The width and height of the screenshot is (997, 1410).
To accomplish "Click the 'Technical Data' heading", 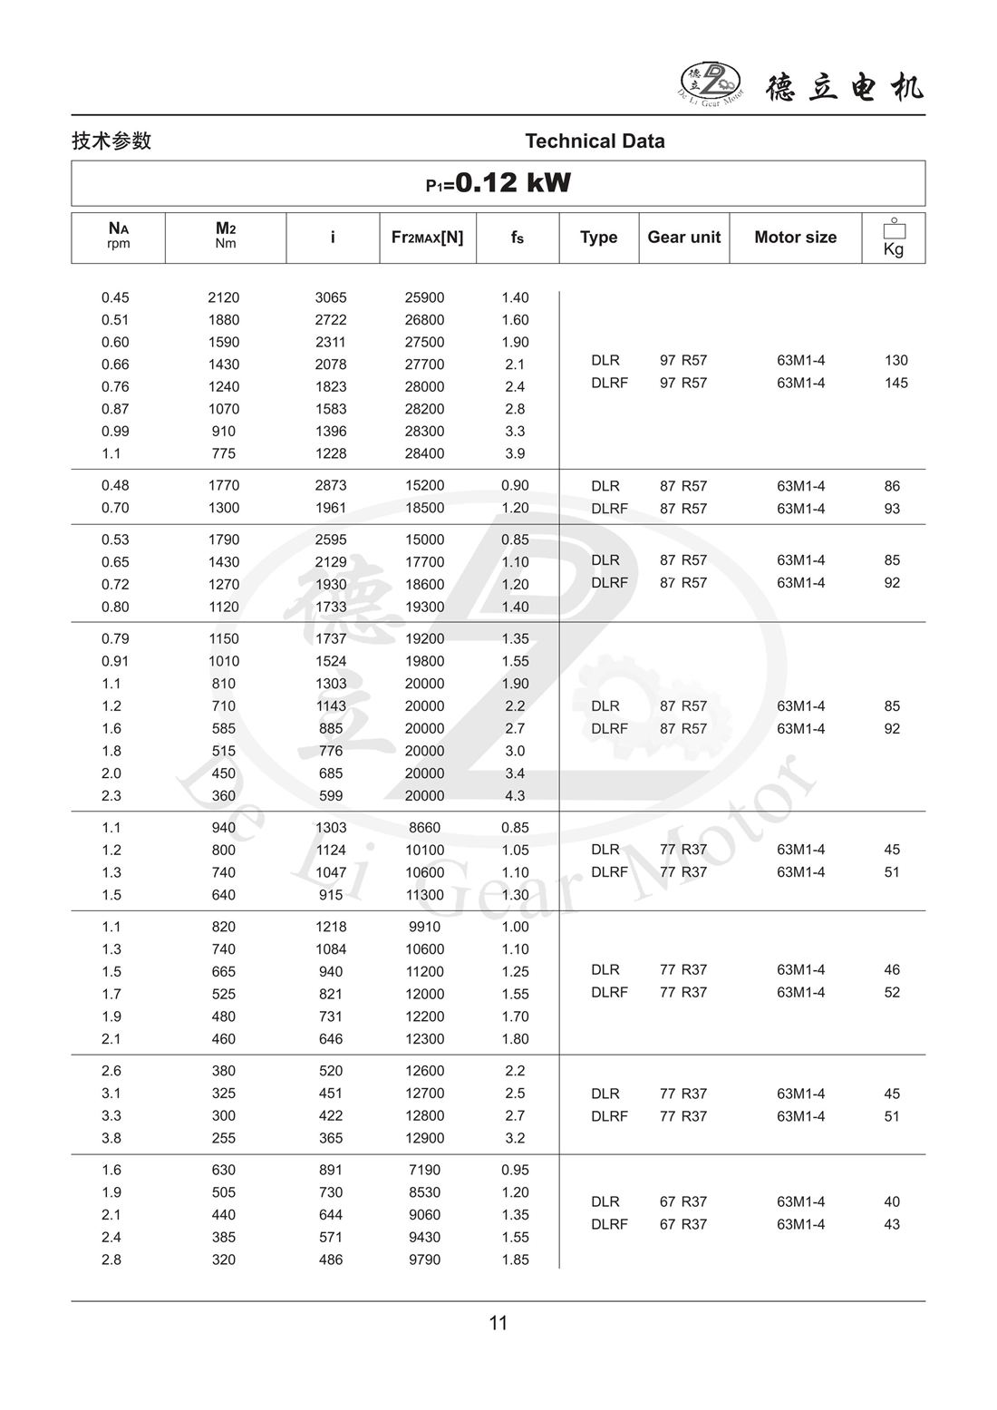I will tap(595, 141).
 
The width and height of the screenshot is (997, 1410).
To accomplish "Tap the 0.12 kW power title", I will tap(498, 183).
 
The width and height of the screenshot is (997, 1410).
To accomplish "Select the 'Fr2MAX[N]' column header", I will tap(427, 238).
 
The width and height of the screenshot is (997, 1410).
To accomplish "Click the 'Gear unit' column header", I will tap(683, 238).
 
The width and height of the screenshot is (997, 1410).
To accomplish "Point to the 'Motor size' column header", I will tap(795, 238).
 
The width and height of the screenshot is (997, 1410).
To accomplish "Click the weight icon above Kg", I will tap(894, 229).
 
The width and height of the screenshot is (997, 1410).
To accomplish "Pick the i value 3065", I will tap(331, 297).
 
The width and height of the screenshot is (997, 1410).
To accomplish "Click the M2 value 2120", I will tap(224, 297).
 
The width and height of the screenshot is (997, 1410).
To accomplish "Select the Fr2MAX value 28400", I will tap(424, 453).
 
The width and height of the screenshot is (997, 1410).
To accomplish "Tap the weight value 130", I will tap(895, 360).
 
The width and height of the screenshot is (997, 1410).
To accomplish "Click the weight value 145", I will tap(895, 383).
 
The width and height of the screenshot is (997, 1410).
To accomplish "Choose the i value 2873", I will tap(331, 486).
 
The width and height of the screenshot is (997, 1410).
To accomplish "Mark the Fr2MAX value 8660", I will tap(424, 828).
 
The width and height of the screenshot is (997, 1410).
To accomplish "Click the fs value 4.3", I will tap(515, 796).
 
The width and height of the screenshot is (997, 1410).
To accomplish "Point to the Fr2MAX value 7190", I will tap(424, 1170).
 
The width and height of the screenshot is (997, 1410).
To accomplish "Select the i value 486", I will tap(331, 1259).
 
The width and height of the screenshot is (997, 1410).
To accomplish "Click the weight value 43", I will tap(892, 1224).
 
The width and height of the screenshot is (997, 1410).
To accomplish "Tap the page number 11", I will tap(498, 1323).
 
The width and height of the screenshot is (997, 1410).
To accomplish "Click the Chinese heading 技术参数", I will tap(111, 141).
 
